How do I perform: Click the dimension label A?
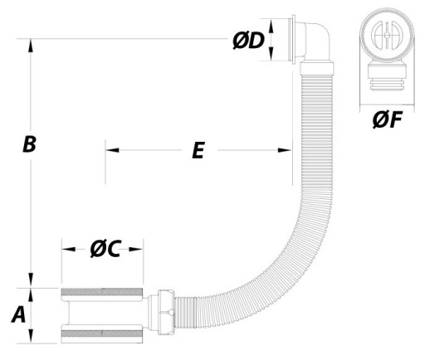pyautogui.click(x=18, y=315)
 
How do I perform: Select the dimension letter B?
pyautogui.click(x=29, y=144)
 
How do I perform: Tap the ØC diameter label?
pyautogui.click(x=105, y=249)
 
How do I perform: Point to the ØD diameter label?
pyautogui.click(x=248, y=41)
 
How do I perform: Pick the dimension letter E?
pyautogui.click(x=198, y=150)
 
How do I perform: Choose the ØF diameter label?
pyautogui.click(x=387, y=120)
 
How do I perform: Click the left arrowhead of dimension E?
pyautogui.click(x=112, y=150)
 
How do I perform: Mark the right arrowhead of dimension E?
pyautogui.click(x=285, y=150)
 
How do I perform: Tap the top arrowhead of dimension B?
pyautogui.click(x=31, y=46)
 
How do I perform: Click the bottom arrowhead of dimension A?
pyautogui.click(x=31, y=337)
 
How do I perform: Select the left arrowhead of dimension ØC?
pyautogui.click(x=69, y=249)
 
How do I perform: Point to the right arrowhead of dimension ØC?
pyautogui.click(x=136, y=249)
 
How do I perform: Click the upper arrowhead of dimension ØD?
pyautogui.click(x=271, y=26)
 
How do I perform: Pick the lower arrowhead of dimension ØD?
pyautogui.click(x=271, y=54)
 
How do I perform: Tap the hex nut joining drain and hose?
pyautogui.click(x=166, y=312)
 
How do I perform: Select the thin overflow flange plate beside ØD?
pyautogui.click(x=291, y=40)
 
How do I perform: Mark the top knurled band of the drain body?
pyautogui.click(x=102, y=292)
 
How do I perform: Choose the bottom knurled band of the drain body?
pyautogui.click(x=102, y=333)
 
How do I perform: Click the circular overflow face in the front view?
pyautogui.click(x=387, y=35)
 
